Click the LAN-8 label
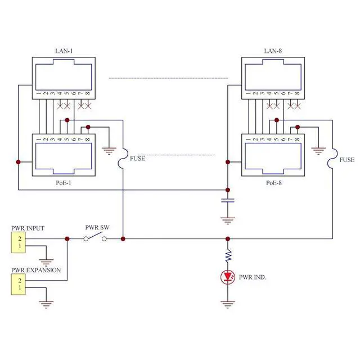click(x=273, y=51)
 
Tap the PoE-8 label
click(x=274, y=183)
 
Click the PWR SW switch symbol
click(x=96, y=238)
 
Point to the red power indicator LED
click(x=228, y=277)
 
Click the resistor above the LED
click(x=228, y=256)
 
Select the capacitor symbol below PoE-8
click(x=228, y=200)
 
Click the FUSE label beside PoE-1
click(x=138, y=159)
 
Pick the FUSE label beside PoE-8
click(x=347, y=160)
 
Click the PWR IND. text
click(x=253, y=277)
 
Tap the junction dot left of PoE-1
click(x=19, y=162)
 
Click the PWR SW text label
click(x=97, y=228)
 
